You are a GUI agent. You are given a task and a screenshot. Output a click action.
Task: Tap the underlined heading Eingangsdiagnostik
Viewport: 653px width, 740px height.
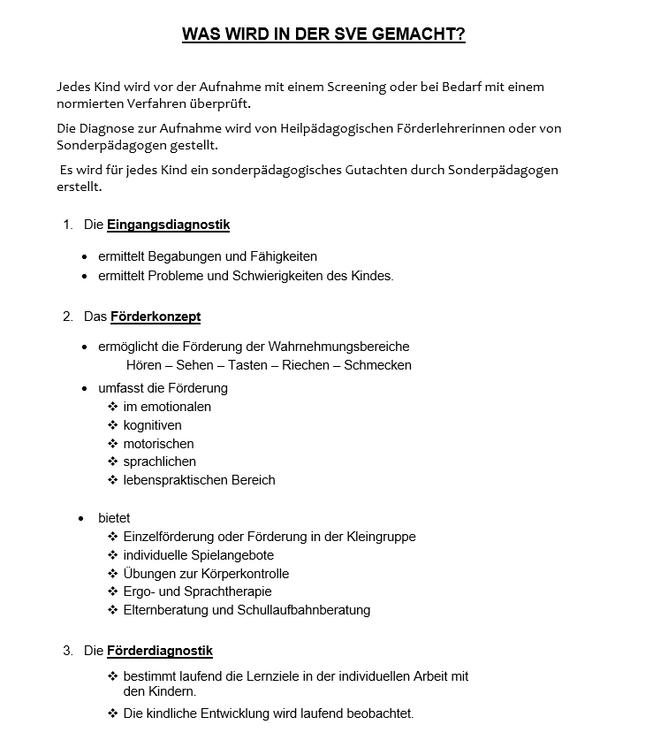click(168, 225)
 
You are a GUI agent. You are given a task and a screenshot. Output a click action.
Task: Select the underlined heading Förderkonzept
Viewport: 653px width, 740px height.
click(156, 317)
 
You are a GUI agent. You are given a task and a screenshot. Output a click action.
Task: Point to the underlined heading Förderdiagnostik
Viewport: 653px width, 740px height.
click(160, 652)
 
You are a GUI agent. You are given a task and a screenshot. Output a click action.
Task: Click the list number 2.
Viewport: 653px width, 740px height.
click(68, 317)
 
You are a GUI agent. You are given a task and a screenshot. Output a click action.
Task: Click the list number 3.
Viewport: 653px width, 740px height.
click(68, 652)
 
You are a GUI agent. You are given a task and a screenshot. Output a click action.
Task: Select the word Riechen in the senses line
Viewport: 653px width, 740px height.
click(306, 365)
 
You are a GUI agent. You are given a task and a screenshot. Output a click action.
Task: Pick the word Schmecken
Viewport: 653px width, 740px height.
click(377, 365)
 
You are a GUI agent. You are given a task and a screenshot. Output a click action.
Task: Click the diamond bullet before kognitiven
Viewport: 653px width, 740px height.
click(113, 425)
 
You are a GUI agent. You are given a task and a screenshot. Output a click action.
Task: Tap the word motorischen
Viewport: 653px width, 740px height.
click(158, 444)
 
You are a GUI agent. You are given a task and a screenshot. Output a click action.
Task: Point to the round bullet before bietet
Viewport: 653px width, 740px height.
click(81, 518)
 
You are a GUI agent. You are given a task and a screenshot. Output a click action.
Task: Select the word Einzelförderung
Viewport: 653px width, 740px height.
click(169, 537)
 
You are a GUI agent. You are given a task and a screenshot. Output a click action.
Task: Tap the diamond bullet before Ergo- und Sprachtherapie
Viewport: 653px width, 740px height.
click(113, 591)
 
